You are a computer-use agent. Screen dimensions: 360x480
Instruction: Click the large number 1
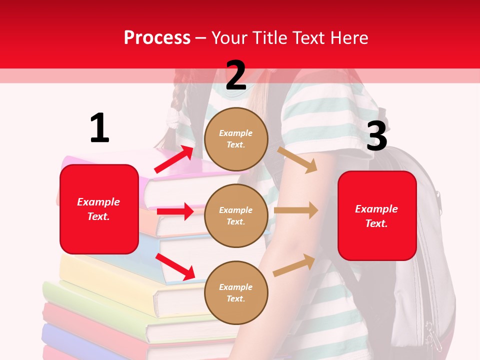99,128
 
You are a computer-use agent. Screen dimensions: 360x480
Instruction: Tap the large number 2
236,75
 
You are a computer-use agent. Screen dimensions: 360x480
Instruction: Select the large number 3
376,136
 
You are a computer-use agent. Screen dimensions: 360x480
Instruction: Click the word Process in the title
157,37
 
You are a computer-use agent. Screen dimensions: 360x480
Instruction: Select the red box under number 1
99,209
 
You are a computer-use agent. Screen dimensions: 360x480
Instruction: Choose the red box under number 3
377,215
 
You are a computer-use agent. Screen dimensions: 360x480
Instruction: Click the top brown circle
236,139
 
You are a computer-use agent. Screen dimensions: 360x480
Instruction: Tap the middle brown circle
236,215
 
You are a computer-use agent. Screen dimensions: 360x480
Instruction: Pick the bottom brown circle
236,292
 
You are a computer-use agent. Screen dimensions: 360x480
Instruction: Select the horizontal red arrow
175,211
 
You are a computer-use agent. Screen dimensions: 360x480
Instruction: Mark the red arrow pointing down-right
175,266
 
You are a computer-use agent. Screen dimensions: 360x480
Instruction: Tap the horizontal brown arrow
296,210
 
